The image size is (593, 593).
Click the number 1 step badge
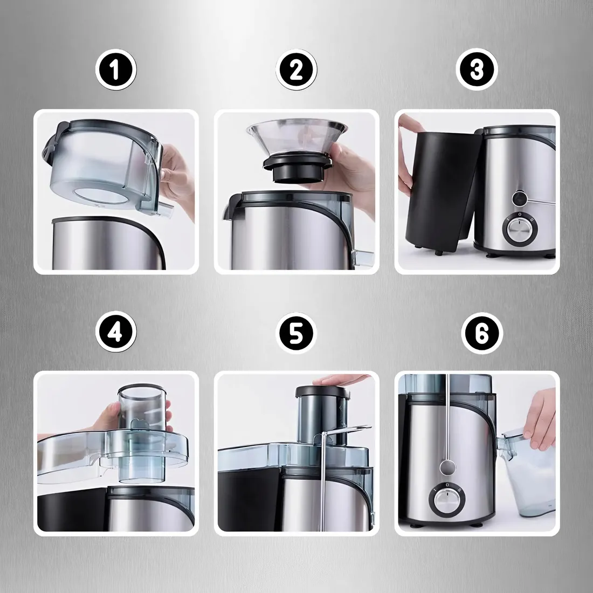click(x=116, y=70)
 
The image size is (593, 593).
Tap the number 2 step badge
click(x=296, y=70)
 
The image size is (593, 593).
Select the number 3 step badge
click(x=477, y=69)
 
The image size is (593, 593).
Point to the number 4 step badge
click(x=116, y=332)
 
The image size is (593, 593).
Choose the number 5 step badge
click(x=296, y=333)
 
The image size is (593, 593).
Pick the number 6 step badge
click(x=482, y=333)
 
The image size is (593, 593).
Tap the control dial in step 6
click(x=446, y=499)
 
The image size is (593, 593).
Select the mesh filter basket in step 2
click(x=296, y=137)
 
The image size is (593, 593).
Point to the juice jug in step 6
click(x=528, y=472)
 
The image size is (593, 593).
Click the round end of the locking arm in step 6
click(x=448, y=467)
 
